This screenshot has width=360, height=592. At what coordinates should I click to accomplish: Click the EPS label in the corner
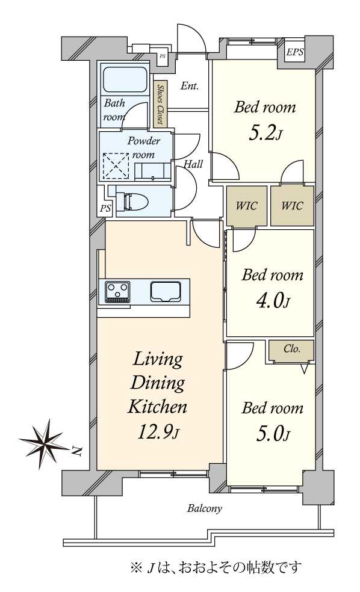[x=294, y=52]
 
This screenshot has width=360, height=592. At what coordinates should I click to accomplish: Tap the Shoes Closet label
[x=160, y=104]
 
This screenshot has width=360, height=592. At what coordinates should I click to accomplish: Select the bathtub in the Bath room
[x=125, y=79]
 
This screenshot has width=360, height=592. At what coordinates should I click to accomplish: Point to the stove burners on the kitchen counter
[x=117, y=292]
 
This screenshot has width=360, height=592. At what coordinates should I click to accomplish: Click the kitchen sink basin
[x=166, y=291]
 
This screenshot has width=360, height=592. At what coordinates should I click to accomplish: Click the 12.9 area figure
[x=157, y=432]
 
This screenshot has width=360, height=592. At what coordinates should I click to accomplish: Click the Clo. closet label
[x=292, y=348]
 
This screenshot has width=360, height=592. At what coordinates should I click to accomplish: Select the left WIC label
[x=246, y=206]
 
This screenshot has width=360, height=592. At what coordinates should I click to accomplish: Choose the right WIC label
[x=292, y=206]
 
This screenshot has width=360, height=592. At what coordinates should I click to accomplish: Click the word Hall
[x=193, y=164]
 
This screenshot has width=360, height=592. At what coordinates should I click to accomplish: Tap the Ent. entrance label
[x=190, y=86]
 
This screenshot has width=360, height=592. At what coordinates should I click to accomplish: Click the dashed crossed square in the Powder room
[x=116, y=165]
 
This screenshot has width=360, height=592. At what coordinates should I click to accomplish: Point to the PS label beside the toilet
[x=105, y=208]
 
